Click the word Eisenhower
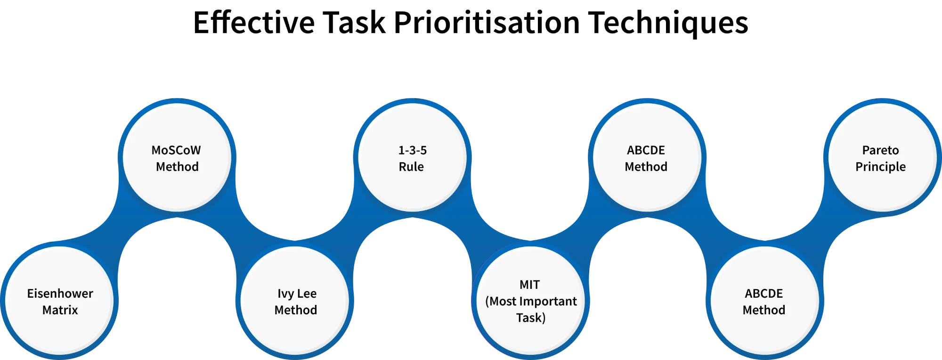click(60, 294)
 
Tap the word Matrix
click(60, 310)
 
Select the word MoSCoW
click(176, 150)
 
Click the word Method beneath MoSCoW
click(177, 167)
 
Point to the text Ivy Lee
click(297, 294)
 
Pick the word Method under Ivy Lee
click(296, 310)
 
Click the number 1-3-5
click(413, 150)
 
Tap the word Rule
click(411, 167)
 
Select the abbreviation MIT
click(529, 285)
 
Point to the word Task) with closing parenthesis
click(531, 318)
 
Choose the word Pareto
click(880, 150)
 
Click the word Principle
click(880, 167)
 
